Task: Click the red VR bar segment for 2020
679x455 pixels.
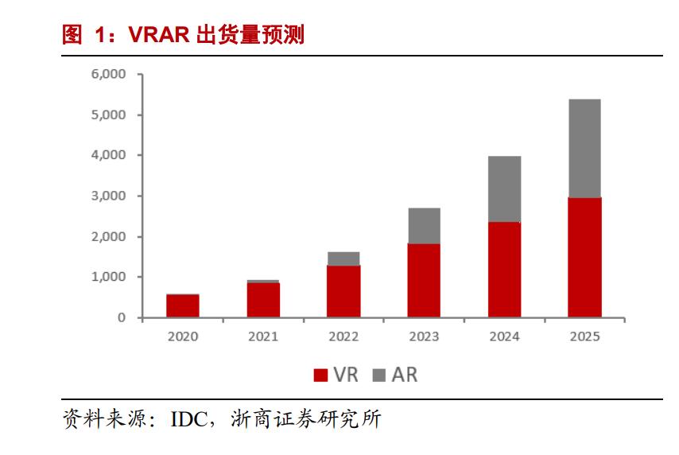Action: click(183, 306)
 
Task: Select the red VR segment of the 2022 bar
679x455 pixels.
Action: click(343, 291)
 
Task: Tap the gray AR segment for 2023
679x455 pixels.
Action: click(424, 226)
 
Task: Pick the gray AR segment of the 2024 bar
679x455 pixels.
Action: click(504, 189)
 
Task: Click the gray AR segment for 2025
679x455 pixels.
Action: click(584, 148)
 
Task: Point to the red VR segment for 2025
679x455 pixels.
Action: click(584, 258)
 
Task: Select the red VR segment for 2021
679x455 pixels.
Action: click(263, 300)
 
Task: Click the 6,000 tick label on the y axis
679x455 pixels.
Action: click(109, 75)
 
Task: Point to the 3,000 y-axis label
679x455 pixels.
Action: click(109, 196)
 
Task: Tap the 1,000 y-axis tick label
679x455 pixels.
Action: click(109, 278)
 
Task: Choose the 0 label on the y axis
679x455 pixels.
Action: click(121, 318)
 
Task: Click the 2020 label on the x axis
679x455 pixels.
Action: click(183, 336)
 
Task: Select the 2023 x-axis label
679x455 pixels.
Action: click(424, 336)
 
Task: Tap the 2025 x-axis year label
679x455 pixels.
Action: click(584, 336)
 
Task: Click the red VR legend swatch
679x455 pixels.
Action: click(320, 375)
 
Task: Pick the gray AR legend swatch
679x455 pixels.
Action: click(378, 375)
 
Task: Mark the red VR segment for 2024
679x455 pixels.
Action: click(504, 270)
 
